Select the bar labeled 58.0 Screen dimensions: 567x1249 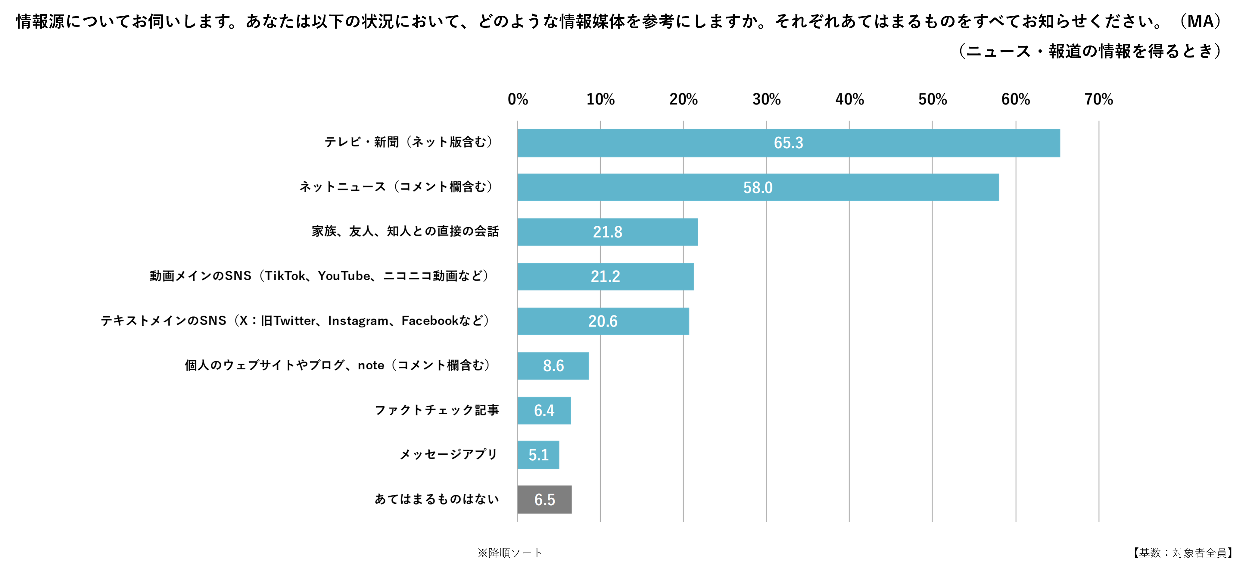click(x=873, y=187)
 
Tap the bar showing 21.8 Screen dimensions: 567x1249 click(x=655, y=232)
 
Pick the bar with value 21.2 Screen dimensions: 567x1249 click(x=655, y=277)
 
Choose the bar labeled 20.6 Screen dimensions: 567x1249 click(x=650, y=321)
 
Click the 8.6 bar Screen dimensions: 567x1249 click(x=577, y=366)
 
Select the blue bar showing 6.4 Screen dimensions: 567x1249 click(x=562, y=410)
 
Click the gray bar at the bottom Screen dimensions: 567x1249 click(x=562, y=500)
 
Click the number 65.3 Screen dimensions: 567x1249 click(x=788, y=143)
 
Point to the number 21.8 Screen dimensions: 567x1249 click(x=608, y=232)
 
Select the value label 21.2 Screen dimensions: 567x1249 click(x=605, y=277)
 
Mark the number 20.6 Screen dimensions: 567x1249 click(x=603, y=321)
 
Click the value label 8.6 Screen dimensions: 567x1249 click(x=553, y=366)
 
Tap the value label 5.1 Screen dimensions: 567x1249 click(x=538, y=455)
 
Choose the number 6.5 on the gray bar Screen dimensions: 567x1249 click(x=544, y=500)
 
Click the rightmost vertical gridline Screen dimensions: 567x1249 click(x=1099, y=340)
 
